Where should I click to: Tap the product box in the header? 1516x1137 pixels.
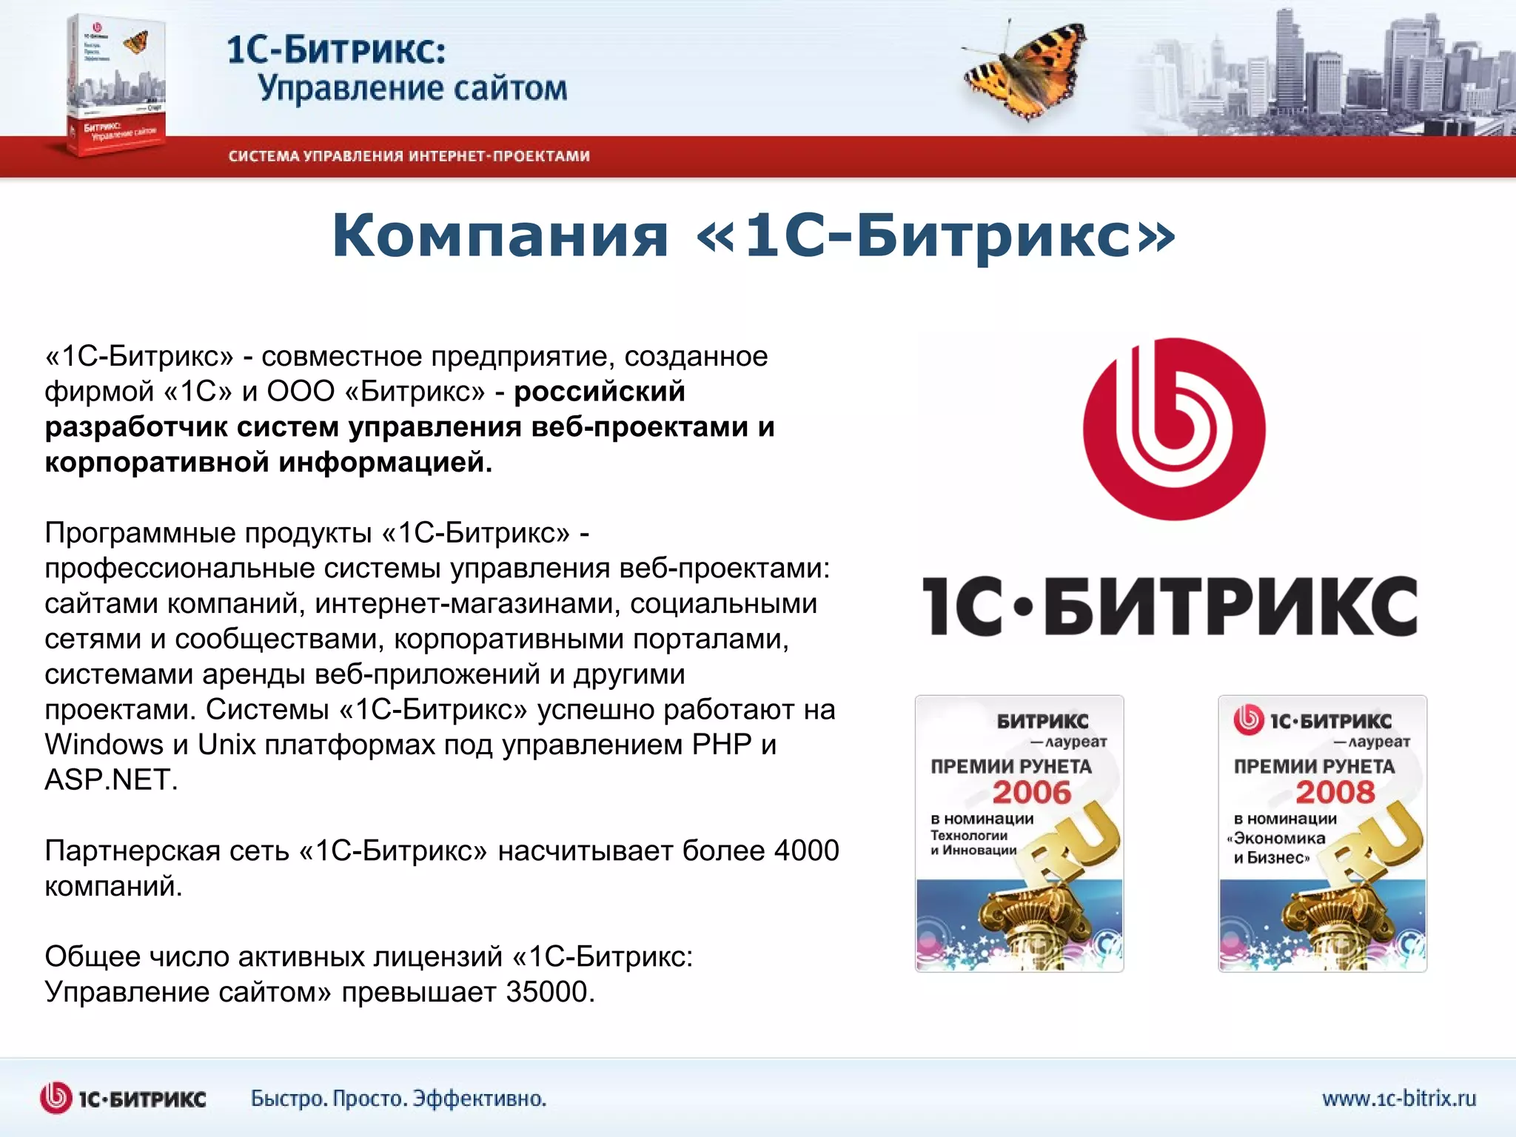(115, 85)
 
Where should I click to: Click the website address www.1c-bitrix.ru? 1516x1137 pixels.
(1398, 1098)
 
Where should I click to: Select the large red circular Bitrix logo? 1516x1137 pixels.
(1174, 429)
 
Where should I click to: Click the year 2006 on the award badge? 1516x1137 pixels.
(1031, 793)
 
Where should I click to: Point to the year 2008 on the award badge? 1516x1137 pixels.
(1335, 793)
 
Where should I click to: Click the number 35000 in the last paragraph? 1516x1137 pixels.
(549, 992)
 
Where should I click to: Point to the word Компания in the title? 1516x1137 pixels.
(500, 235)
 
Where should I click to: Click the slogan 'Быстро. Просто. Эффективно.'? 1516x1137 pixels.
(398, 1099)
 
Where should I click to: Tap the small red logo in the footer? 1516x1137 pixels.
(56, 1098)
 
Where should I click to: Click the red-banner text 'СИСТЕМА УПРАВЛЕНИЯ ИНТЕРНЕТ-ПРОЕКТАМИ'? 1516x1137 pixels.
(409, 156)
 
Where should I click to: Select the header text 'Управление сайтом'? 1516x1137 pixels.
(412, 88)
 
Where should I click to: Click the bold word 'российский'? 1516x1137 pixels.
(600, 392)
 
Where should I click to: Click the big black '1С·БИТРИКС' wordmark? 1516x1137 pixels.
(1170, 607)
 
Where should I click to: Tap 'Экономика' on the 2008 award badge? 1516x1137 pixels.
(1279, 839)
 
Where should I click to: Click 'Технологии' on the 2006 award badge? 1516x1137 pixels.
(969, 836)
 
